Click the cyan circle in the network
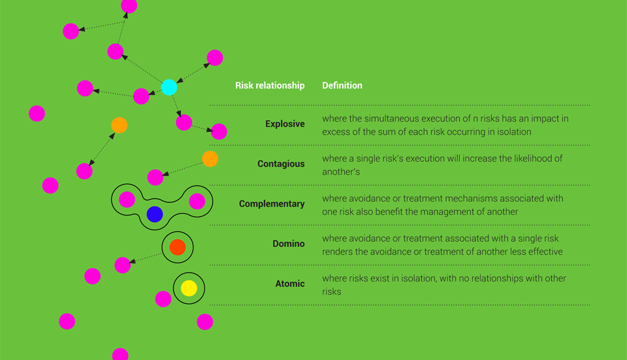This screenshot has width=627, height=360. coord(169,87)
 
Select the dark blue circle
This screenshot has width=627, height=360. coord(155,214)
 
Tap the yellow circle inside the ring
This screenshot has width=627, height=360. coord(189,288)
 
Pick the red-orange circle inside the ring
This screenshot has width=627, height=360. coord(178,247)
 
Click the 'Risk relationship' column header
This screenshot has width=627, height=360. coord(270,86)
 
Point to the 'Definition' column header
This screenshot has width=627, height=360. coord(342,85)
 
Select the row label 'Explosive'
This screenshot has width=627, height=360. coord(285,124)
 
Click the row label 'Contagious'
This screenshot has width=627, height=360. coord(281,164)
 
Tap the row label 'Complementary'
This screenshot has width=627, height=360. coord(272,204)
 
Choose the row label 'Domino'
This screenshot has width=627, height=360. coord(289,244)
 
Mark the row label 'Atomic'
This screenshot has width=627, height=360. coord(290,284)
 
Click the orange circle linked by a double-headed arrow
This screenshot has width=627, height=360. coord(119,125)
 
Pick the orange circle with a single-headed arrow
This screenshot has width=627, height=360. coord(210,159)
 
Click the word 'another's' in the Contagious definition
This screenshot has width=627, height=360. coord(341,172)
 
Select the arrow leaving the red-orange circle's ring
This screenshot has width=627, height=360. coord(146,257)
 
